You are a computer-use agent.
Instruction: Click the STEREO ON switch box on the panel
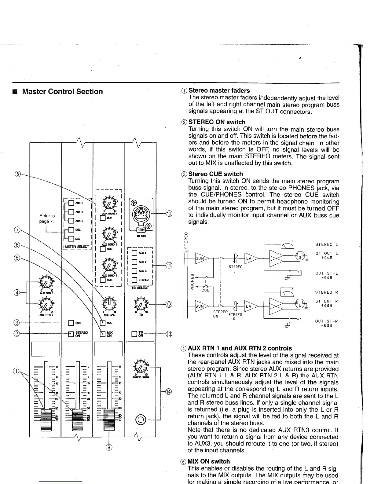(71, 334)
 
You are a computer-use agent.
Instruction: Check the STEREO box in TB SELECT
(134, 280)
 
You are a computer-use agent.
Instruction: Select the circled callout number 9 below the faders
(109, 448)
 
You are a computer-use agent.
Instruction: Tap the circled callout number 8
(18, 174)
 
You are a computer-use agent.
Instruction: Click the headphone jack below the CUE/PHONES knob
(141, 419)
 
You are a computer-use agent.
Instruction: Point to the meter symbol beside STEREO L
(287, 244)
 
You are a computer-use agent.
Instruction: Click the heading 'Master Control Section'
(62, 92)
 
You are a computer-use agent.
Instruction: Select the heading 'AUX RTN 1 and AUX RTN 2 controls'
(240, 348)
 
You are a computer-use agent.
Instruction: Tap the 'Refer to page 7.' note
(47, 219)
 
